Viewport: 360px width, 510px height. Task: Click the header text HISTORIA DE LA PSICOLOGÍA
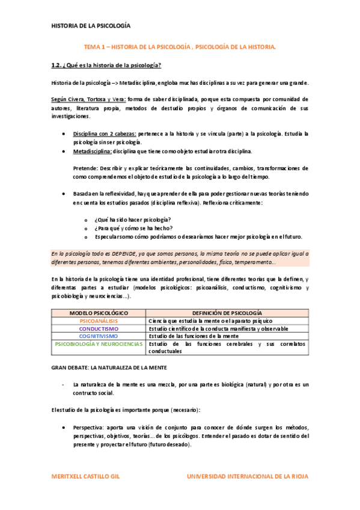pyautogui.click(x=90, y=26)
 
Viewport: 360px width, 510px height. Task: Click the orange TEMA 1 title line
pyautogui.click(x=180, y=46)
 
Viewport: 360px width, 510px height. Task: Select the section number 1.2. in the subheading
pyautogui.click(x=58, y=65)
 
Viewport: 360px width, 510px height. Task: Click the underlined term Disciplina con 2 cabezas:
pyautogui.click(x=105, y=134)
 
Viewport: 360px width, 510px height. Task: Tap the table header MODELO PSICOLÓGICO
pyautogui.click(x=99, y=313)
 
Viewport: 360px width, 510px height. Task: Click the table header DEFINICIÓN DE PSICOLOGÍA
pyautogui.click(x=227, y=313)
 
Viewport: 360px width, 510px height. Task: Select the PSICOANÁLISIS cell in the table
pyautogui.click(x=99, y=321)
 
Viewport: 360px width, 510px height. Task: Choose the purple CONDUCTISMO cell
pyautogui.click(x=99, y=329)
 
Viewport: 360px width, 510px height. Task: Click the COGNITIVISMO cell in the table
pyautogui.click(x=99, y=336)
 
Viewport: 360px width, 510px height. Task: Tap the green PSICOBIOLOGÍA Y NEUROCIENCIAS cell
pyautogui.click(x=99, y=344)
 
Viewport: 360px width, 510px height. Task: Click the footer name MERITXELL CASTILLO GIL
pyautogui.click(x=85, y=476)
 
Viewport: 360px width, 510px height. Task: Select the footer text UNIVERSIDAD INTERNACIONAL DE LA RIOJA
pyautogui.click(x=248, y=476)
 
